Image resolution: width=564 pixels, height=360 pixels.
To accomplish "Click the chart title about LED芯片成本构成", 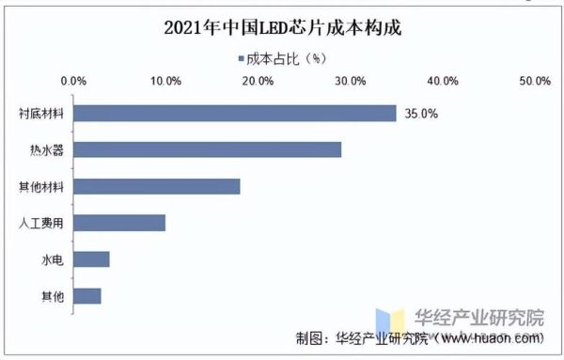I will (x=282, y=26).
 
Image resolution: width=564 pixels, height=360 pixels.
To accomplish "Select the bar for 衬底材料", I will (x=234, y=113).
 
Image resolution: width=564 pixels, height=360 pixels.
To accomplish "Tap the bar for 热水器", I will (x=207, y=149).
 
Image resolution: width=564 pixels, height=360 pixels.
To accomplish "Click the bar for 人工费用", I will (x=119, y=223).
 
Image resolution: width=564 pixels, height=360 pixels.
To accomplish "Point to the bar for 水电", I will (x=91, y=259).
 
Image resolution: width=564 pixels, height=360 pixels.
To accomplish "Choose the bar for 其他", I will (x=86, y=296).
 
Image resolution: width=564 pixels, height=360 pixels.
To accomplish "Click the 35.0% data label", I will (x=420, y=114).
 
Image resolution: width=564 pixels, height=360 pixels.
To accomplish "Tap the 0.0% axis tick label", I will (x=73, y=82).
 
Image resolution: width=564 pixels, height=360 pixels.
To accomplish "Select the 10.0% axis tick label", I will (x=165, y=82).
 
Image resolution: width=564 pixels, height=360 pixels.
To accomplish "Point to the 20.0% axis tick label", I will (x=258, y=82).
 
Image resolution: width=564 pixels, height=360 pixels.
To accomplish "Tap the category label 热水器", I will (x=47, y=150).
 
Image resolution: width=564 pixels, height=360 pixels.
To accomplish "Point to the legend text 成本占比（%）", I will (x=286, y=58).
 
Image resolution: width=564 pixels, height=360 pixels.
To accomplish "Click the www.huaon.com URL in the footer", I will (x=489, y=337).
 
